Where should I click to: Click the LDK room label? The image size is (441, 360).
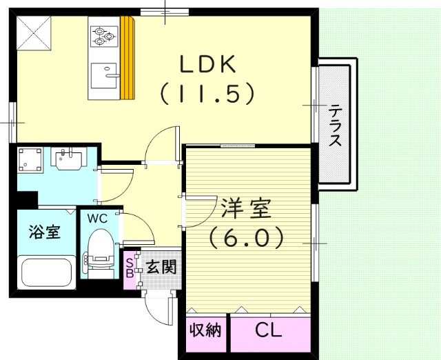[208, 64]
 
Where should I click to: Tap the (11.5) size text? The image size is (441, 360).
[208, 93]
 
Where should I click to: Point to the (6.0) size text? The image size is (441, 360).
[246, 238]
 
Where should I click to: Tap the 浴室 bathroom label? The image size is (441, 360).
[43, 232]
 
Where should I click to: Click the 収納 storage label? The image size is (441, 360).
[205, 331]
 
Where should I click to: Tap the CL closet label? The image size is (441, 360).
[269, 331]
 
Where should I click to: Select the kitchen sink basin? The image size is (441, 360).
[104, 71]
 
